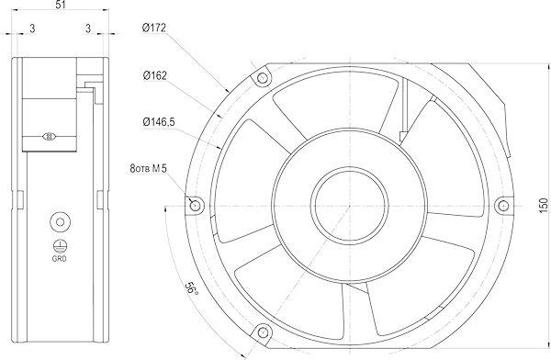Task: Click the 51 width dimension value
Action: [x=61, y=5]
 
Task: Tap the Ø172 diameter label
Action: [x=154, y=28]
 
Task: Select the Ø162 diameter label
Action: [x=154, y=75]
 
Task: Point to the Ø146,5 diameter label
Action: [x=159, y=122]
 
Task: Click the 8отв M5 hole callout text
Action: [x=148, y=169]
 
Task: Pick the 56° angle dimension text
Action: [x=192, y=288]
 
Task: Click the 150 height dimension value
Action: [x=544, y=206]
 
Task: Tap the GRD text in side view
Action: [x=59, y=259]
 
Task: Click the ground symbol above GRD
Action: [x=60, y=246]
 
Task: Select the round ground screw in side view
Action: [x=60, y=222]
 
